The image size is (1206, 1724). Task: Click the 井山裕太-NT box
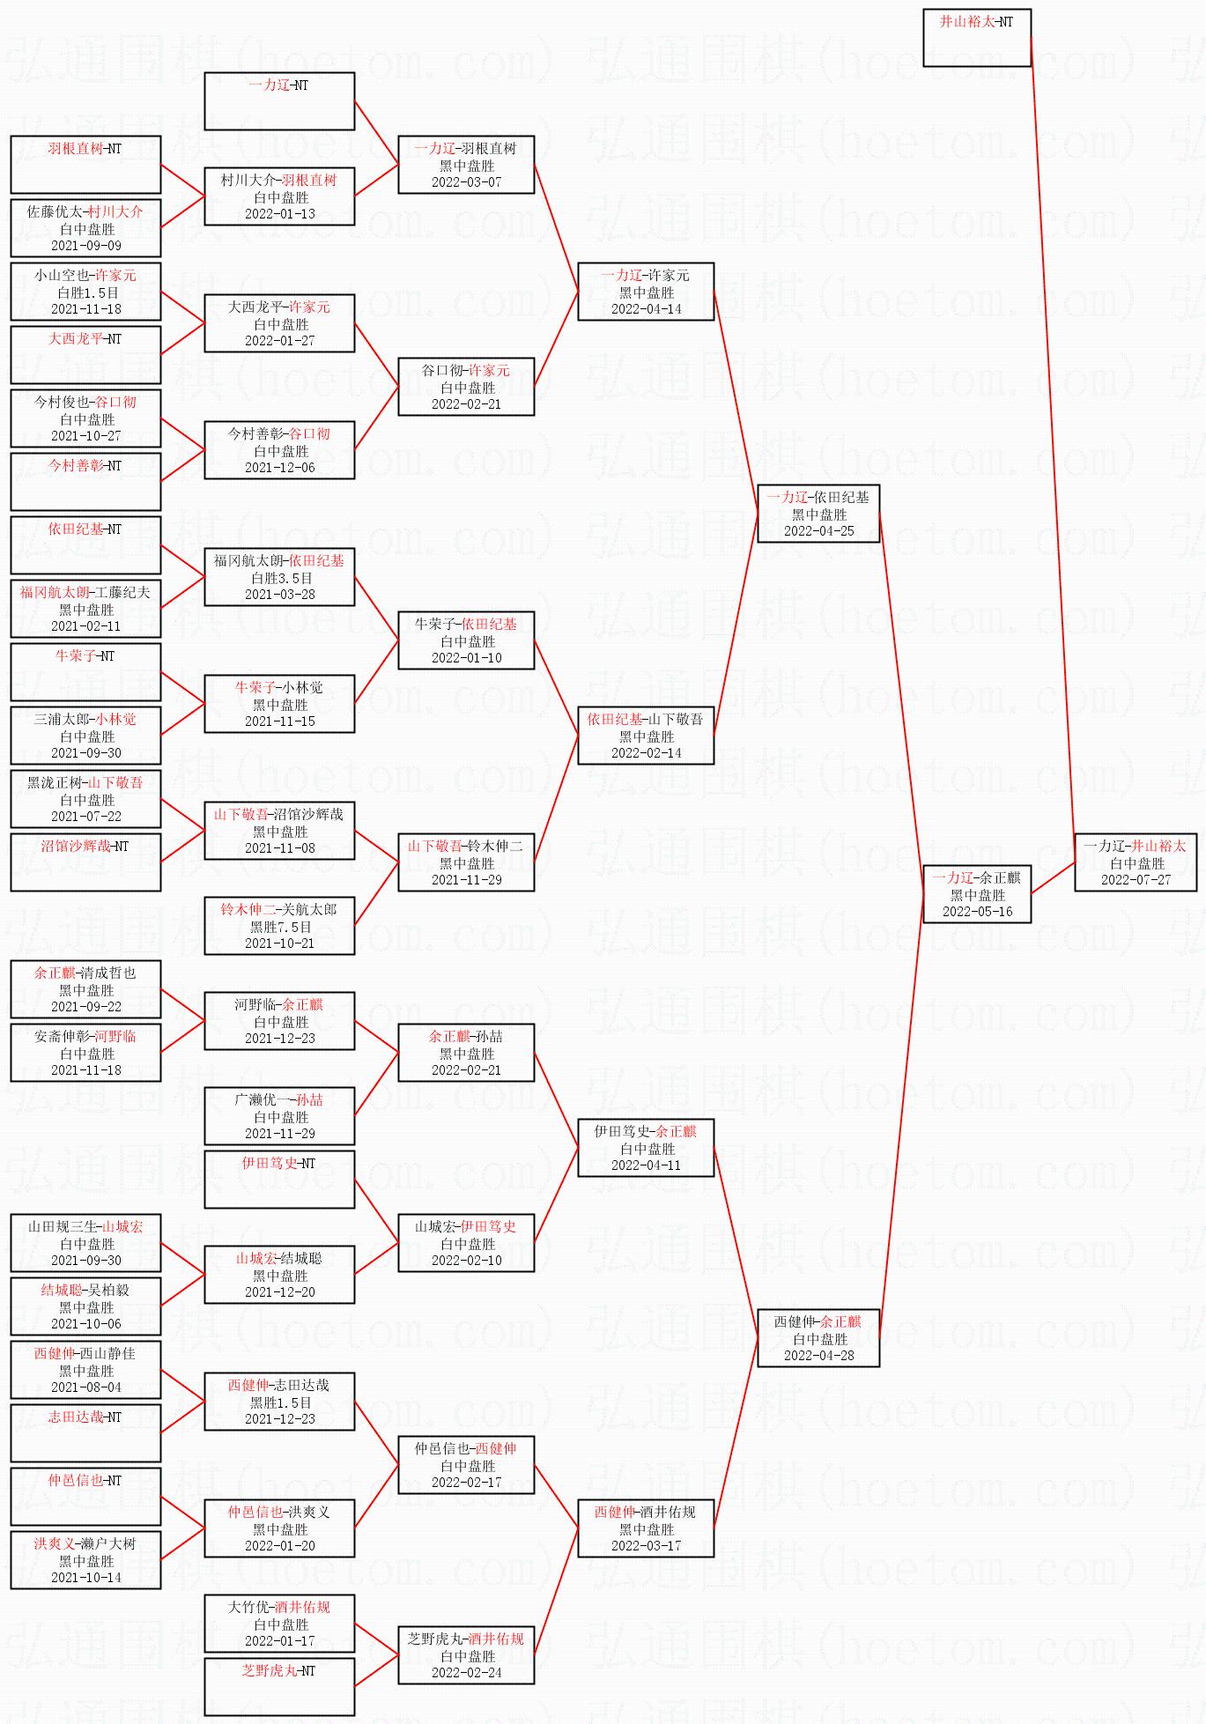976,37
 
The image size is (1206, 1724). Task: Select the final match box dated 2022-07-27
1136,862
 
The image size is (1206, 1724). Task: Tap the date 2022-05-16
977,912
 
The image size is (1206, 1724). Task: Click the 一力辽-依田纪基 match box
818,514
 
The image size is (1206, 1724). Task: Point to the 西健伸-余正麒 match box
818,1338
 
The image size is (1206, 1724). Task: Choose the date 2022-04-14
646,309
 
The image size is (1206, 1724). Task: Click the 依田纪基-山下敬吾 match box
646,736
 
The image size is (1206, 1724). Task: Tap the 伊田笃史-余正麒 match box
646,1148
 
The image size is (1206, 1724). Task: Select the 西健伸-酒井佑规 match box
646,1528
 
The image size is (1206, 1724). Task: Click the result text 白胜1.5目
86,292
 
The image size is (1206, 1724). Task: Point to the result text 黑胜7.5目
280,927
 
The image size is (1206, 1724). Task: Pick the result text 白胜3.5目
280,578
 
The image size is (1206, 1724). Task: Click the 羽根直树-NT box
85,164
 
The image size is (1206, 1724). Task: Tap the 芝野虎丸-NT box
279,1686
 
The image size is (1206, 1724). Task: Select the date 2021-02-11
86,626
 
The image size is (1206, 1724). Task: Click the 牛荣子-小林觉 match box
279,704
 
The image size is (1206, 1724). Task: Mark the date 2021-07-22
86,817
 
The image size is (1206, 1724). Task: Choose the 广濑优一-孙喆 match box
279,1116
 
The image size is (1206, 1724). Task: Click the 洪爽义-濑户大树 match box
85,1560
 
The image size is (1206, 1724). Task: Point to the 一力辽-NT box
279,100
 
